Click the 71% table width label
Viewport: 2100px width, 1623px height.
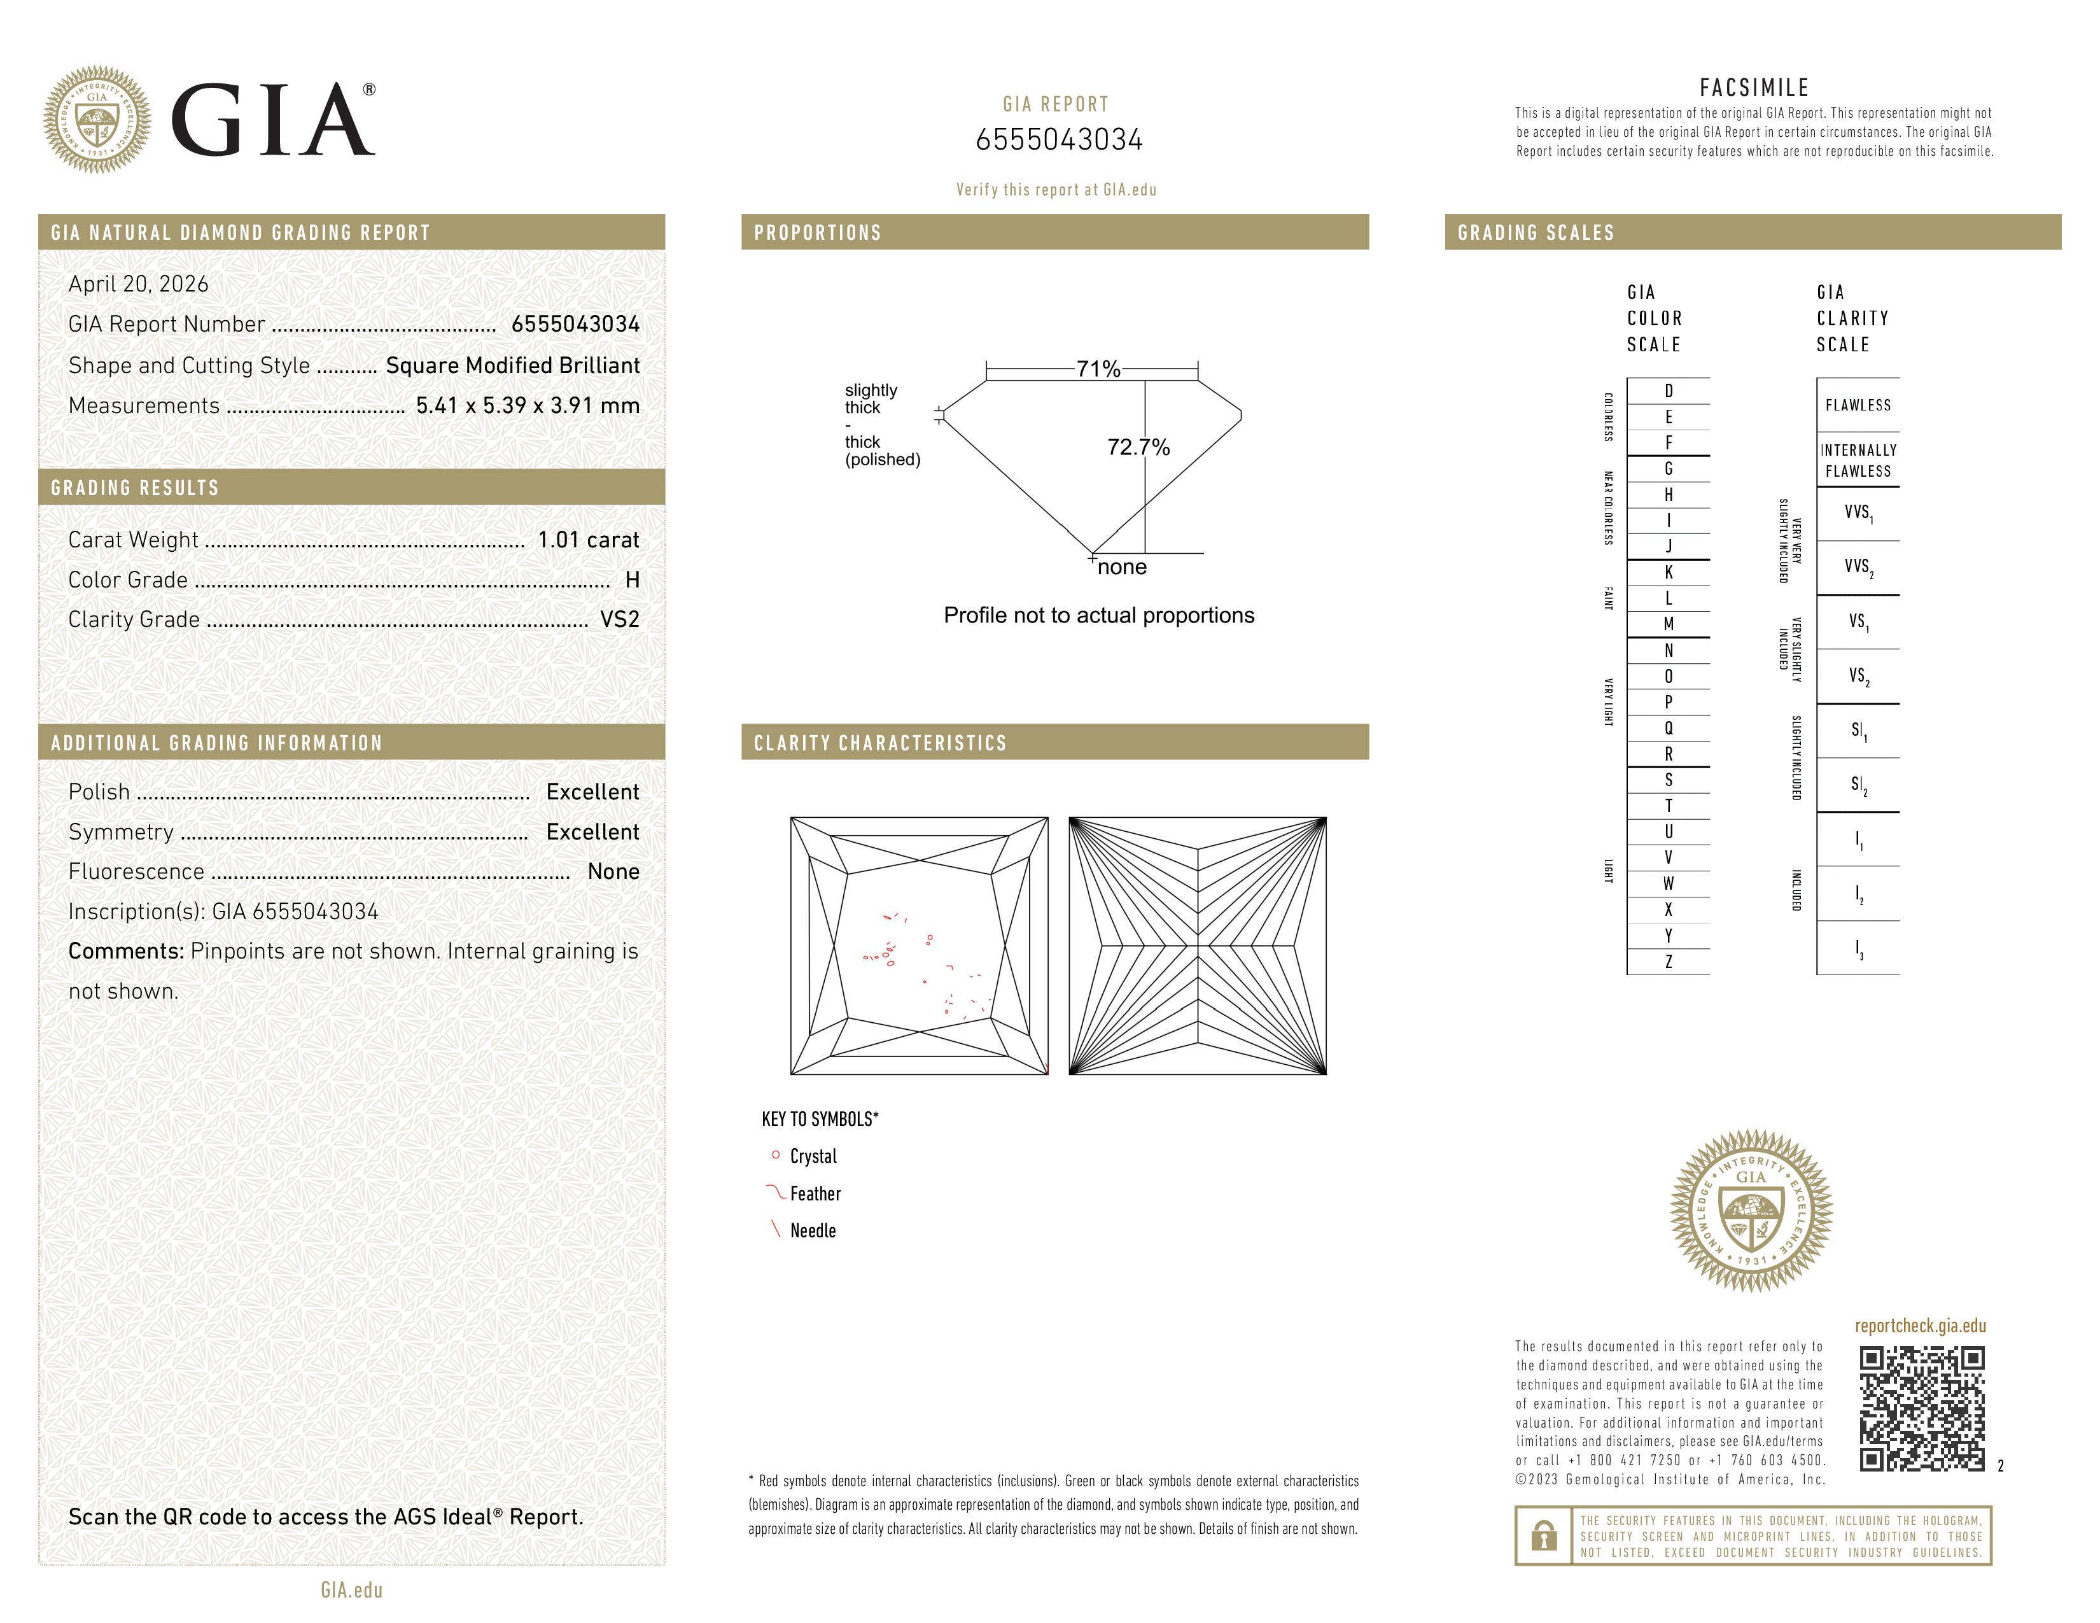pyautogui.click(x=1098, y=369)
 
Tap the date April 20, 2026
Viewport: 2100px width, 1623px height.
pyautogui.click(x=139, y=284)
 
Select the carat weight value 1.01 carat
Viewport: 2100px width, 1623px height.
pyautogui.click(x=587, y=540)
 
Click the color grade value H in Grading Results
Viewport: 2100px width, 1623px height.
pyautogui.click(x=632, y=580)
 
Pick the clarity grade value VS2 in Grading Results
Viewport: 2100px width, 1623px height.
pyautogui.click(x=619, y=620)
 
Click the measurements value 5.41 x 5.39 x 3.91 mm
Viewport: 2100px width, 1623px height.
pyautogui.click(x=527, y=406)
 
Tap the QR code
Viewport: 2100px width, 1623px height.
pyautogui.click(x=1921, y=1409)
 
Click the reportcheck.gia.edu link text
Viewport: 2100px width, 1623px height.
pyautogui.click(x=1920, y=1326)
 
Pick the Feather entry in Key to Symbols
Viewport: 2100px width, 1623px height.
pyautogui.click(x=815, y=1194)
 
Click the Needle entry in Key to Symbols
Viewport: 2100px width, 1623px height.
pyautogui.click(x=813, y=1231)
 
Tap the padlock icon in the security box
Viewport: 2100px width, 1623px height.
pyautogui.click(x=1544, y=1536)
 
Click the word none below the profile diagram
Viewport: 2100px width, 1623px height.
pyautogui.click(x=1122, y=567)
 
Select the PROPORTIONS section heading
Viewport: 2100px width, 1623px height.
pyautogui.click(x=817, y=233)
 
